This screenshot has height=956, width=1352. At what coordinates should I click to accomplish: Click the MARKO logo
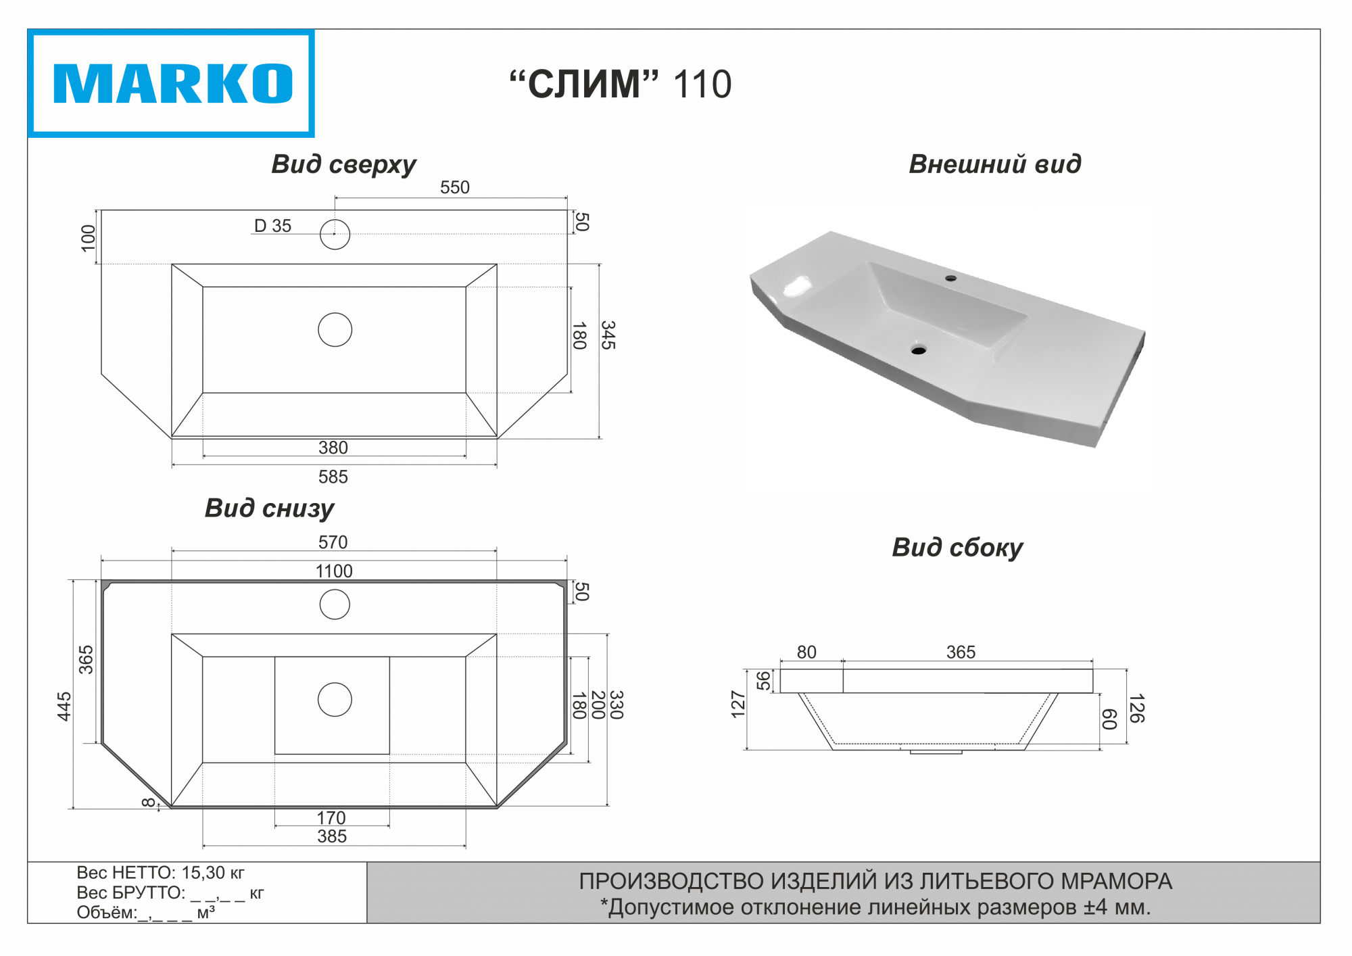pyautogui.click(x=172, y=84)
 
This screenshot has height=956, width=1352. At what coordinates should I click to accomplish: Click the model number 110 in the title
pyautogui.click(x=702, y=85)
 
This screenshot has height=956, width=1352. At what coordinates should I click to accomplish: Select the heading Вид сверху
pyautogui.click(x=343, y=164)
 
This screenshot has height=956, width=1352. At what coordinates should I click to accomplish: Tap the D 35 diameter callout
pyautogui.click(x=272, y=226)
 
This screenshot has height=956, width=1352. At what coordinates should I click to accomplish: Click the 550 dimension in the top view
pyautogui.click(x=454, y=187)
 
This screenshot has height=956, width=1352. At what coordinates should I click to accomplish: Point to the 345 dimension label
pyautogui.click(x=608, y=335)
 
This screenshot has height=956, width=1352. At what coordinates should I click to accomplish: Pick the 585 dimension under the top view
pyautogui.click(x=333, y=477)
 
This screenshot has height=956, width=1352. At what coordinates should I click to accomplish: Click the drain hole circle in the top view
pyautogui.click(x=335, y=330)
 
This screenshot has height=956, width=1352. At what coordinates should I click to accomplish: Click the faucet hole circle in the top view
pyautogui.click(x=335, y=235)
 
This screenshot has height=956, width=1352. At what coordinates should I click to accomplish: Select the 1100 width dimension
pyautogui.click(x=334, y=571)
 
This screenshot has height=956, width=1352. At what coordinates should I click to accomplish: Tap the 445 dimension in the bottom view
pyautogui.click(x=64, y=707)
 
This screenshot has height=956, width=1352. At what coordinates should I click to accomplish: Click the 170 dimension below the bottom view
pyautogui.click(x=331, y=818)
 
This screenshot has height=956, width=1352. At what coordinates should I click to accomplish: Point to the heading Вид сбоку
pyautogui.click(x=957, y=548)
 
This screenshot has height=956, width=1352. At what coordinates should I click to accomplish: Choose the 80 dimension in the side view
pyautogui.click(x=806, y=652)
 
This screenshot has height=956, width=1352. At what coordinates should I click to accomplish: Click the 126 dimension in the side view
pyautogui.click(x=1136, y=708)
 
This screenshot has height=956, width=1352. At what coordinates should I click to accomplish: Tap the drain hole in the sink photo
pyautogui.click(x=918, y=350)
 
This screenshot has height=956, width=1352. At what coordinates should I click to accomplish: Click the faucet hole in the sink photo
pyautogui.click(x=950, y=278)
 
